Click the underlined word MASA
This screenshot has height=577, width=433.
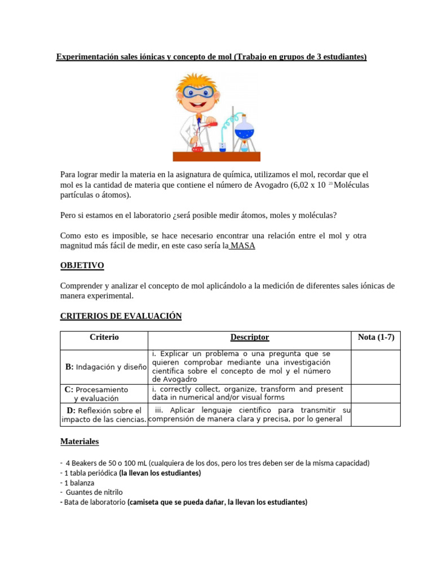(x=242, y=246)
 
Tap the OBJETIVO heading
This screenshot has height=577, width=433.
(x=82, y=265)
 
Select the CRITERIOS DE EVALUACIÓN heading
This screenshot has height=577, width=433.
(x=121, y=316)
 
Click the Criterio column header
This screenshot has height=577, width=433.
(x=104, y=338)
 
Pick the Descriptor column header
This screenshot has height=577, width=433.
(x=249, y=338)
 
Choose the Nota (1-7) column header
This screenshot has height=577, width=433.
(x=375, y=338)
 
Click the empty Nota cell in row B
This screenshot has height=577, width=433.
(x=375, y=366)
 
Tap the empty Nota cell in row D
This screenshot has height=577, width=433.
(x=375, y=414)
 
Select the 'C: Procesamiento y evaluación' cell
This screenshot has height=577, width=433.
(x=104, y=393)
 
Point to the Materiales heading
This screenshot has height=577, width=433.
(x=79, y=442)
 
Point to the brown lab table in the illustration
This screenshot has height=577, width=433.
(x=216, y=156)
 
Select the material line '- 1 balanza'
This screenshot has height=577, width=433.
(x=77, y=483)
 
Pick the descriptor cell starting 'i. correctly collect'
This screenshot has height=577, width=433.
(x=249, y=393)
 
